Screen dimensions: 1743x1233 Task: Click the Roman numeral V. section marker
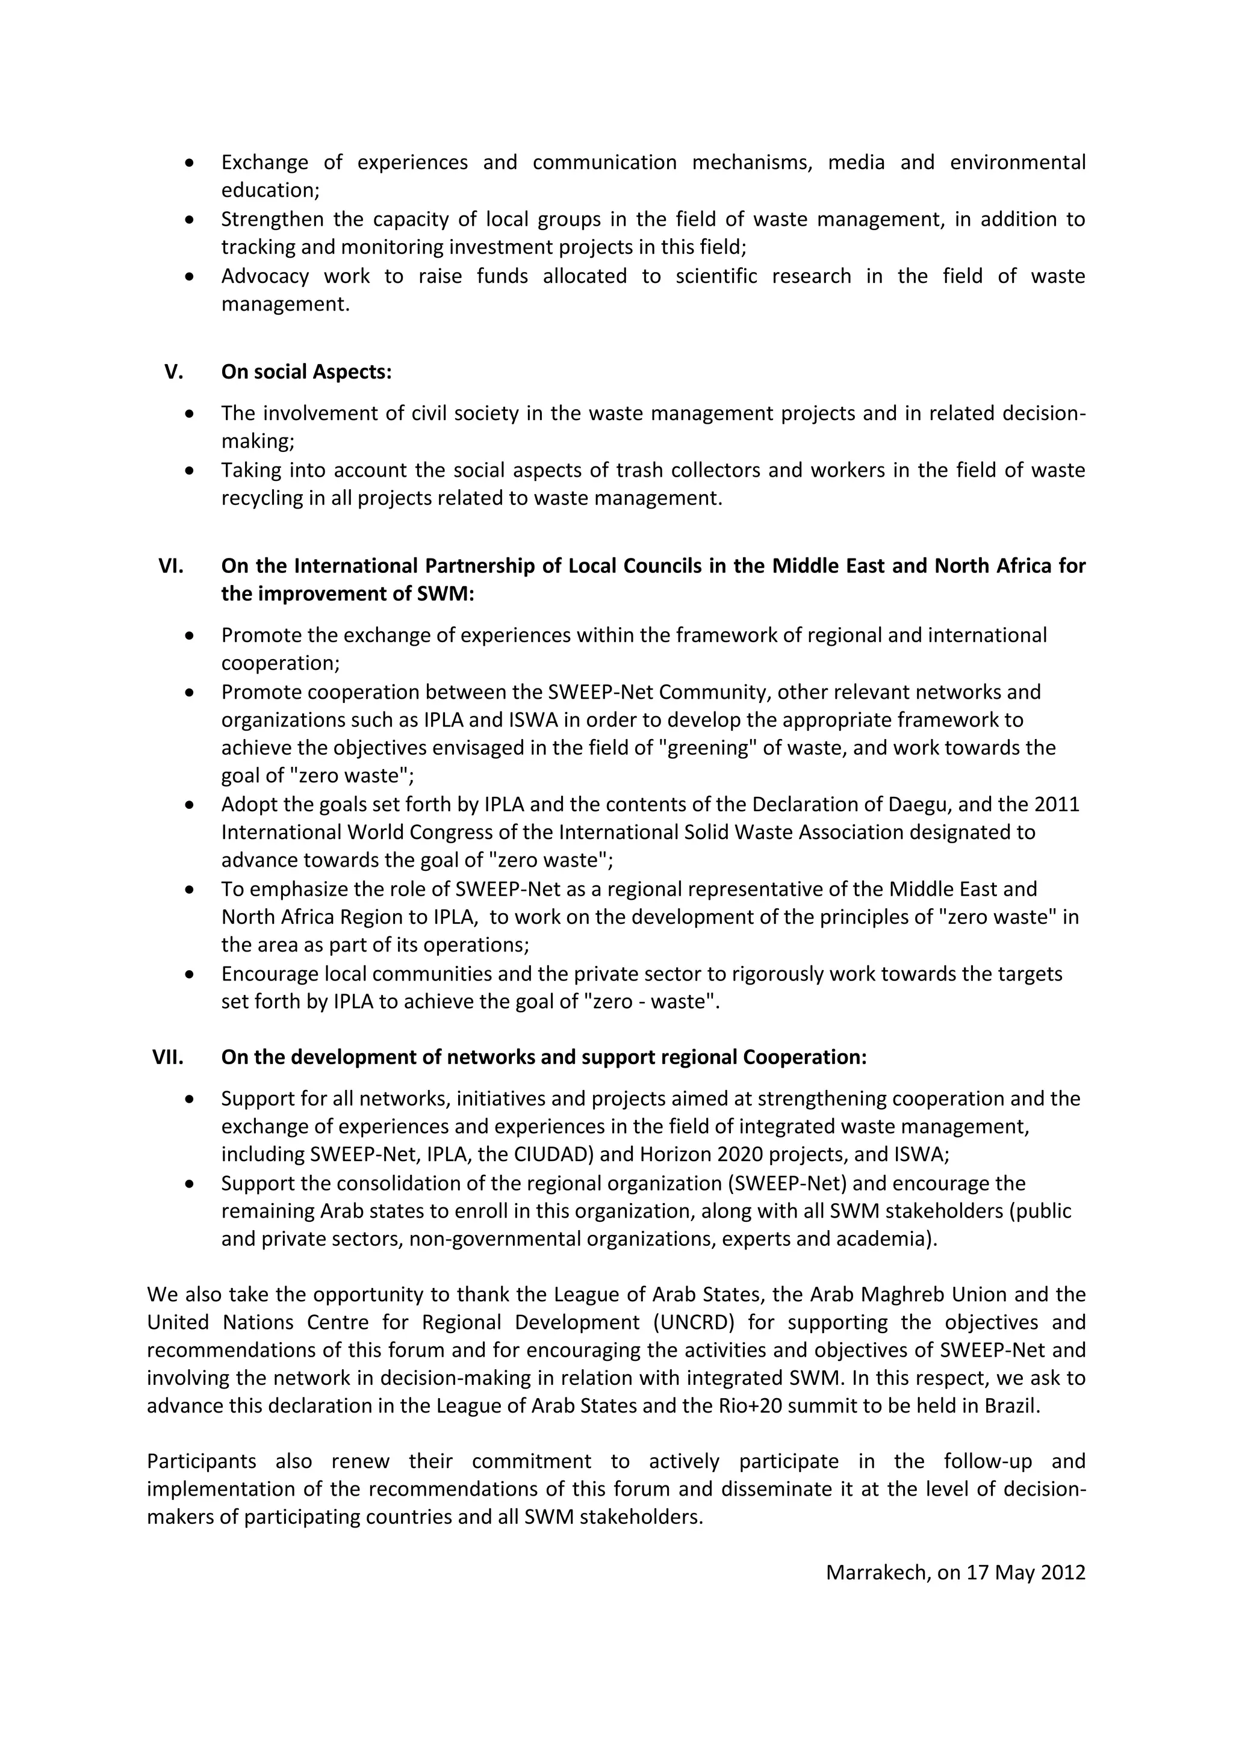pyautogui.click(x=174, y=372)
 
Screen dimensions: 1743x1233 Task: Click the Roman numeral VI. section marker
pyautogui.click(x=171, y=566)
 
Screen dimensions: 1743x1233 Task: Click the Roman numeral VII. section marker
pyautogui.click(x=168, y=1057)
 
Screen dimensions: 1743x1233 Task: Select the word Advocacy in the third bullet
pyautogui.click(x=265, y=276)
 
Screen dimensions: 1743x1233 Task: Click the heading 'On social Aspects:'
pyautogui.click(x=306, y=372)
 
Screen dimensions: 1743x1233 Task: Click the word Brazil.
pyautogui.click(x=1011, y=1406)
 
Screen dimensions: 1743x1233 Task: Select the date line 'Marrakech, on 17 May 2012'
pyautogui.click(x=955, y=1572)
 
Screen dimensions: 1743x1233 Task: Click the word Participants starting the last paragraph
pyautogui.click(x=201, y=1461)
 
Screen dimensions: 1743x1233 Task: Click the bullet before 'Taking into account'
pyautogui.click(x=190, y=471)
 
